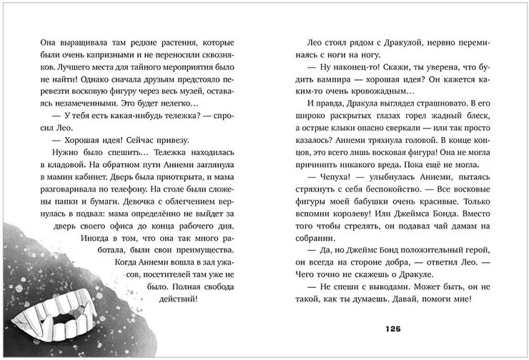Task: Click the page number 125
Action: click(x=395, y=328)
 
